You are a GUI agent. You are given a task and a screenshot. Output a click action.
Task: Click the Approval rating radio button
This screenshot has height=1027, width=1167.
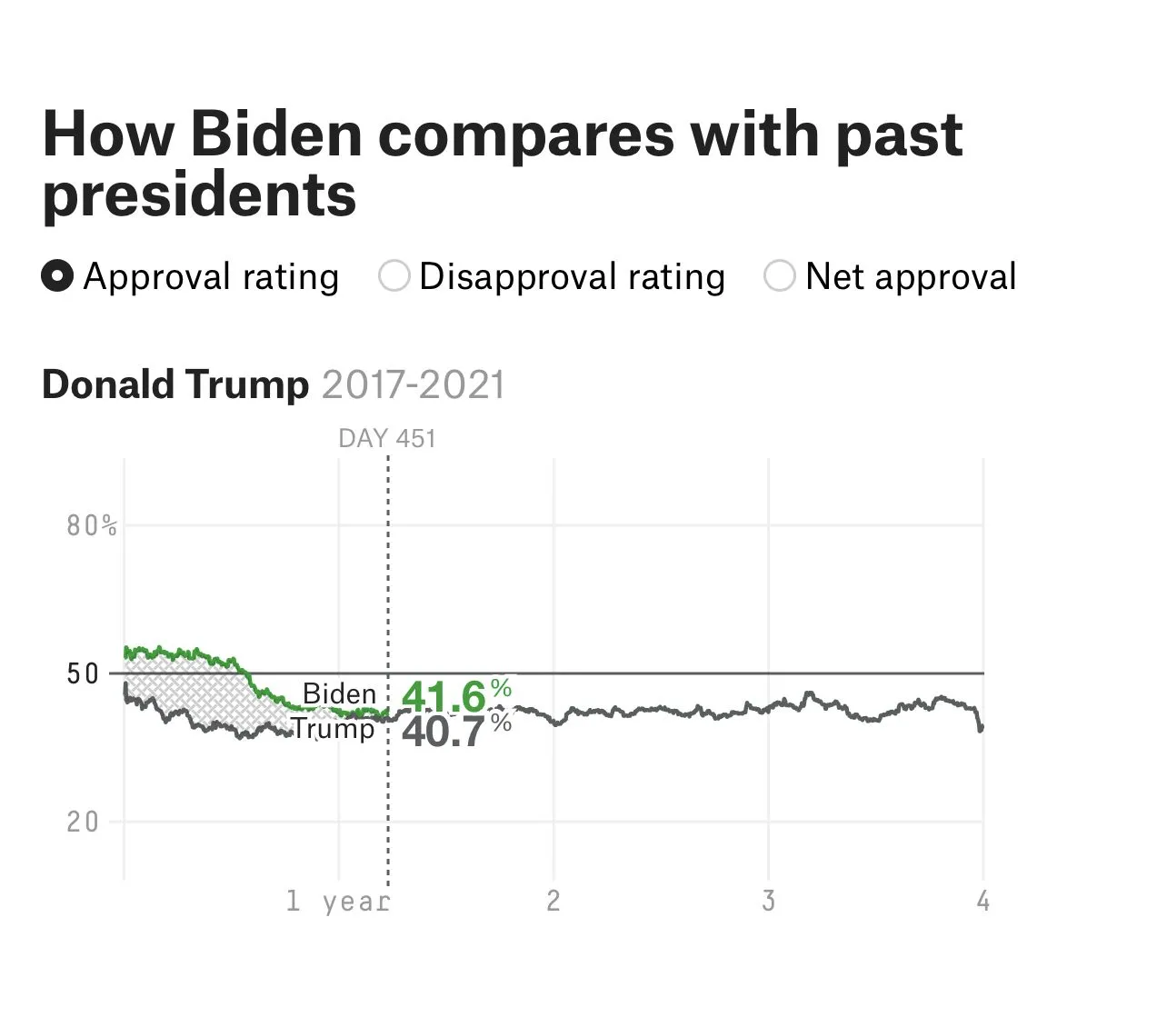pyautogui.click(x=57, y=276)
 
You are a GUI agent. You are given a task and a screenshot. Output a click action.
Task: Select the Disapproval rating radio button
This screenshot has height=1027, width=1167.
pyautogui.click(x=394, y=276)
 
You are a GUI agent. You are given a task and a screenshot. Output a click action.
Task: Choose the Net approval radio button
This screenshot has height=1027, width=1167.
pyautogui.click(x=780, y=276)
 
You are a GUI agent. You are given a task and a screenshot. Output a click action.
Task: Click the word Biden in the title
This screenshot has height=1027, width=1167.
pyautogui.click(x=276, y=134)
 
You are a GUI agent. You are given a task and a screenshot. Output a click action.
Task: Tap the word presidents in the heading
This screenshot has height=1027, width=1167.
pyautogui.click(x=199, y=194)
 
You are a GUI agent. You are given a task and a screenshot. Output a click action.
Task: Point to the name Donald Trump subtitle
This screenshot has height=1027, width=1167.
pyautogui.click(x=175, y=384)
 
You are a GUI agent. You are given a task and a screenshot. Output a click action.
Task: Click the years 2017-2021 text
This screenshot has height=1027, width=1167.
pyautogui.click(x=413, y=384)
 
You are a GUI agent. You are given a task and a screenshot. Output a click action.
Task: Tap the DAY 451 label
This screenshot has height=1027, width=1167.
pyautogui.click(x=387, y=439)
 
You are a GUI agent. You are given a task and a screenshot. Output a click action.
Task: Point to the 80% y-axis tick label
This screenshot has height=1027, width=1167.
pyautogui.click(x=92, y=526)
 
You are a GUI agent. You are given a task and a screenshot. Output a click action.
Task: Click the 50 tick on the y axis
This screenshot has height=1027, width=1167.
pyautogui.click(x=83, y=674)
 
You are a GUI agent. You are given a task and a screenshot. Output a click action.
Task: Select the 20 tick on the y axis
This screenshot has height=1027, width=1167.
pyautogui.click(x=83, y=823)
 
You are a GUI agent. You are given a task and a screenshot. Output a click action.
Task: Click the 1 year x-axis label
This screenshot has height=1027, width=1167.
pyautogui.click(x=338, y=902)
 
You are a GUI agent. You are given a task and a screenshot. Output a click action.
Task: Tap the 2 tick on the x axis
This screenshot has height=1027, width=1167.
pyautogui.click(x=553, y=902)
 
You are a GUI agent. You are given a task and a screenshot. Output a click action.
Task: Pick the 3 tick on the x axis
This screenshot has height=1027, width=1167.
pyautogui.click(x=768, y=902)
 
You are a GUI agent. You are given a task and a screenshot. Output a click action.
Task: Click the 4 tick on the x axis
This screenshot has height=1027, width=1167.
pyautogui.click(x=982, y=902)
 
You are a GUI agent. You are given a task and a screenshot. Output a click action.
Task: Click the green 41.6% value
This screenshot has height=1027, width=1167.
pyautogui.click(x=454, y=697)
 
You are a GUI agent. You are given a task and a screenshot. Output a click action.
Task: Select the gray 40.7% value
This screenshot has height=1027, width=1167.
pyautogui.click(x=454, y=732)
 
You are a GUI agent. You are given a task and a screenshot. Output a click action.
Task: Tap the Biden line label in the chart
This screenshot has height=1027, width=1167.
pyautogui.click(x=339, y=694)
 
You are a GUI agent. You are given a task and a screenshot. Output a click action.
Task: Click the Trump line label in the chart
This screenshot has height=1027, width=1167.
pyautogui.click(x=333, y=729)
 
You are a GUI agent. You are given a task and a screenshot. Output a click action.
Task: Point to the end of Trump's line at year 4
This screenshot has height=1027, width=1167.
pyautogui.click(x=982, y=728)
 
